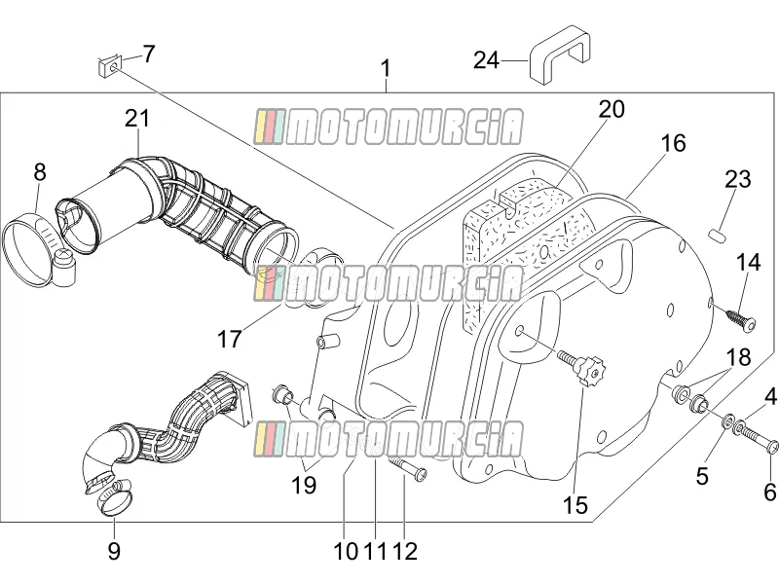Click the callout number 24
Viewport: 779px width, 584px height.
pos(486,60)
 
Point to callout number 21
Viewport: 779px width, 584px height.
pos(137,119)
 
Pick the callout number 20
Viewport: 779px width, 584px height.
pos(612,109)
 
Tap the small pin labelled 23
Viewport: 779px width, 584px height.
pos(718,234)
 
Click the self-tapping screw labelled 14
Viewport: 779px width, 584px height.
pos(740,318)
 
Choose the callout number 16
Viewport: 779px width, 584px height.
pos(673,143)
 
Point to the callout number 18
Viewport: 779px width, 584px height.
pos(738,357)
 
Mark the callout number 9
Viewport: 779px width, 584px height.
pos(114,551)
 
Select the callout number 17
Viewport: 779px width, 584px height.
pos(230,340)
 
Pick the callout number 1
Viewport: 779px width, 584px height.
pos(386,68)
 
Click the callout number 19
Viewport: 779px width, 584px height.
pos(304,485)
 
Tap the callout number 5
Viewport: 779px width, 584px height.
pos(701,476)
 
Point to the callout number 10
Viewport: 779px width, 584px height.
pos(346,551)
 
